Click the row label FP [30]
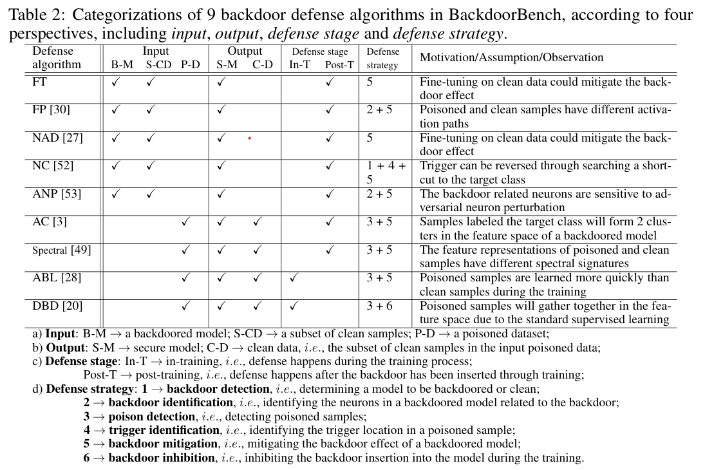51,109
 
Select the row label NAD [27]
57,138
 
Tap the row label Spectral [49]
61,250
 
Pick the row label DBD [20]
57,306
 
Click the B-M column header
122,64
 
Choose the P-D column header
191,64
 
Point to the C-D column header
263,64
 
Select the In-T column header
299,65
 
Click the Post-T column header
339,65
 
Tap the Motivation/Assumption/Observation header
511,57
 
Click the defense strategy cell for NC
385,173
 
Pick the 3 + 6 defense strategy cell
379,306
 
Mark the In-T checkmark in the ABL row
294,278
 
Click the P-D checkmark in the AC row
185,222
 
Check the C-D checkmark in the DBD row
258,306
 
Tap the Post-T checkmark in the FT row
330,82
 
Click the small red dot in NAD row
249,138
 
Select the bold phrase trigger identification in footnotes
164,430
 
